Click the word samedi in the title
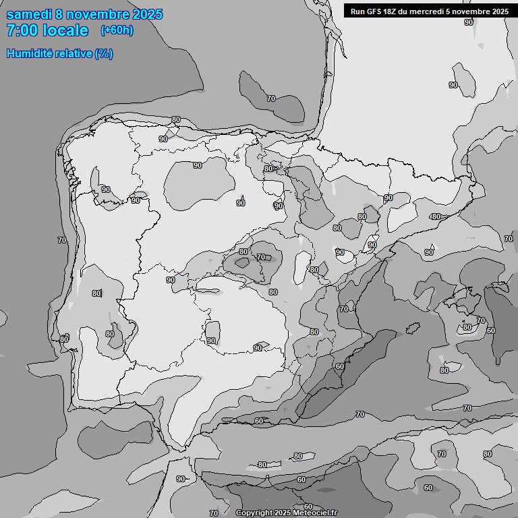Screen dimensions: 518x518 point(29,14)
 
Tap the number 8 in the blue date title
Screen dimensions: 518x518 point(60,14)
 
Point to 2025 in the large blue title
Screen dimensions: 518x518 point(145,14)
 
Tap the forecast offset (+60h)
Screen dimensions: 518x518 point(117,30)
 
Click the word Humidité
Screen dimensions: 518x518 point(30,53)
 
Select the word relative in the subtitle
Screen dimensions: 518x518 point(73,53)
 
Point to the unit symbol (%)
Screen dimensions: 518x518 point(104,53)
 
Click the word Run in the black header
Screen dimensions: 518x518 point(358,11)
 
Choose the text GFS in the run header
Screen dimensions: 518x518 point(376,11)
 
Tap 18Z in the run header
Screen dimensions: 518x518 point(393,11)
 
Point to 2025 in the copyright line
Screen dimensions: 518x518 point(282,513)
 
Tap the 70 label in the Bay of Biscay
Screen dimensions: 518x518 point(271,98)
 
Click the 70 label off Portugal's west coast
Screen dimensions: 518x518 point(62,240)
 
